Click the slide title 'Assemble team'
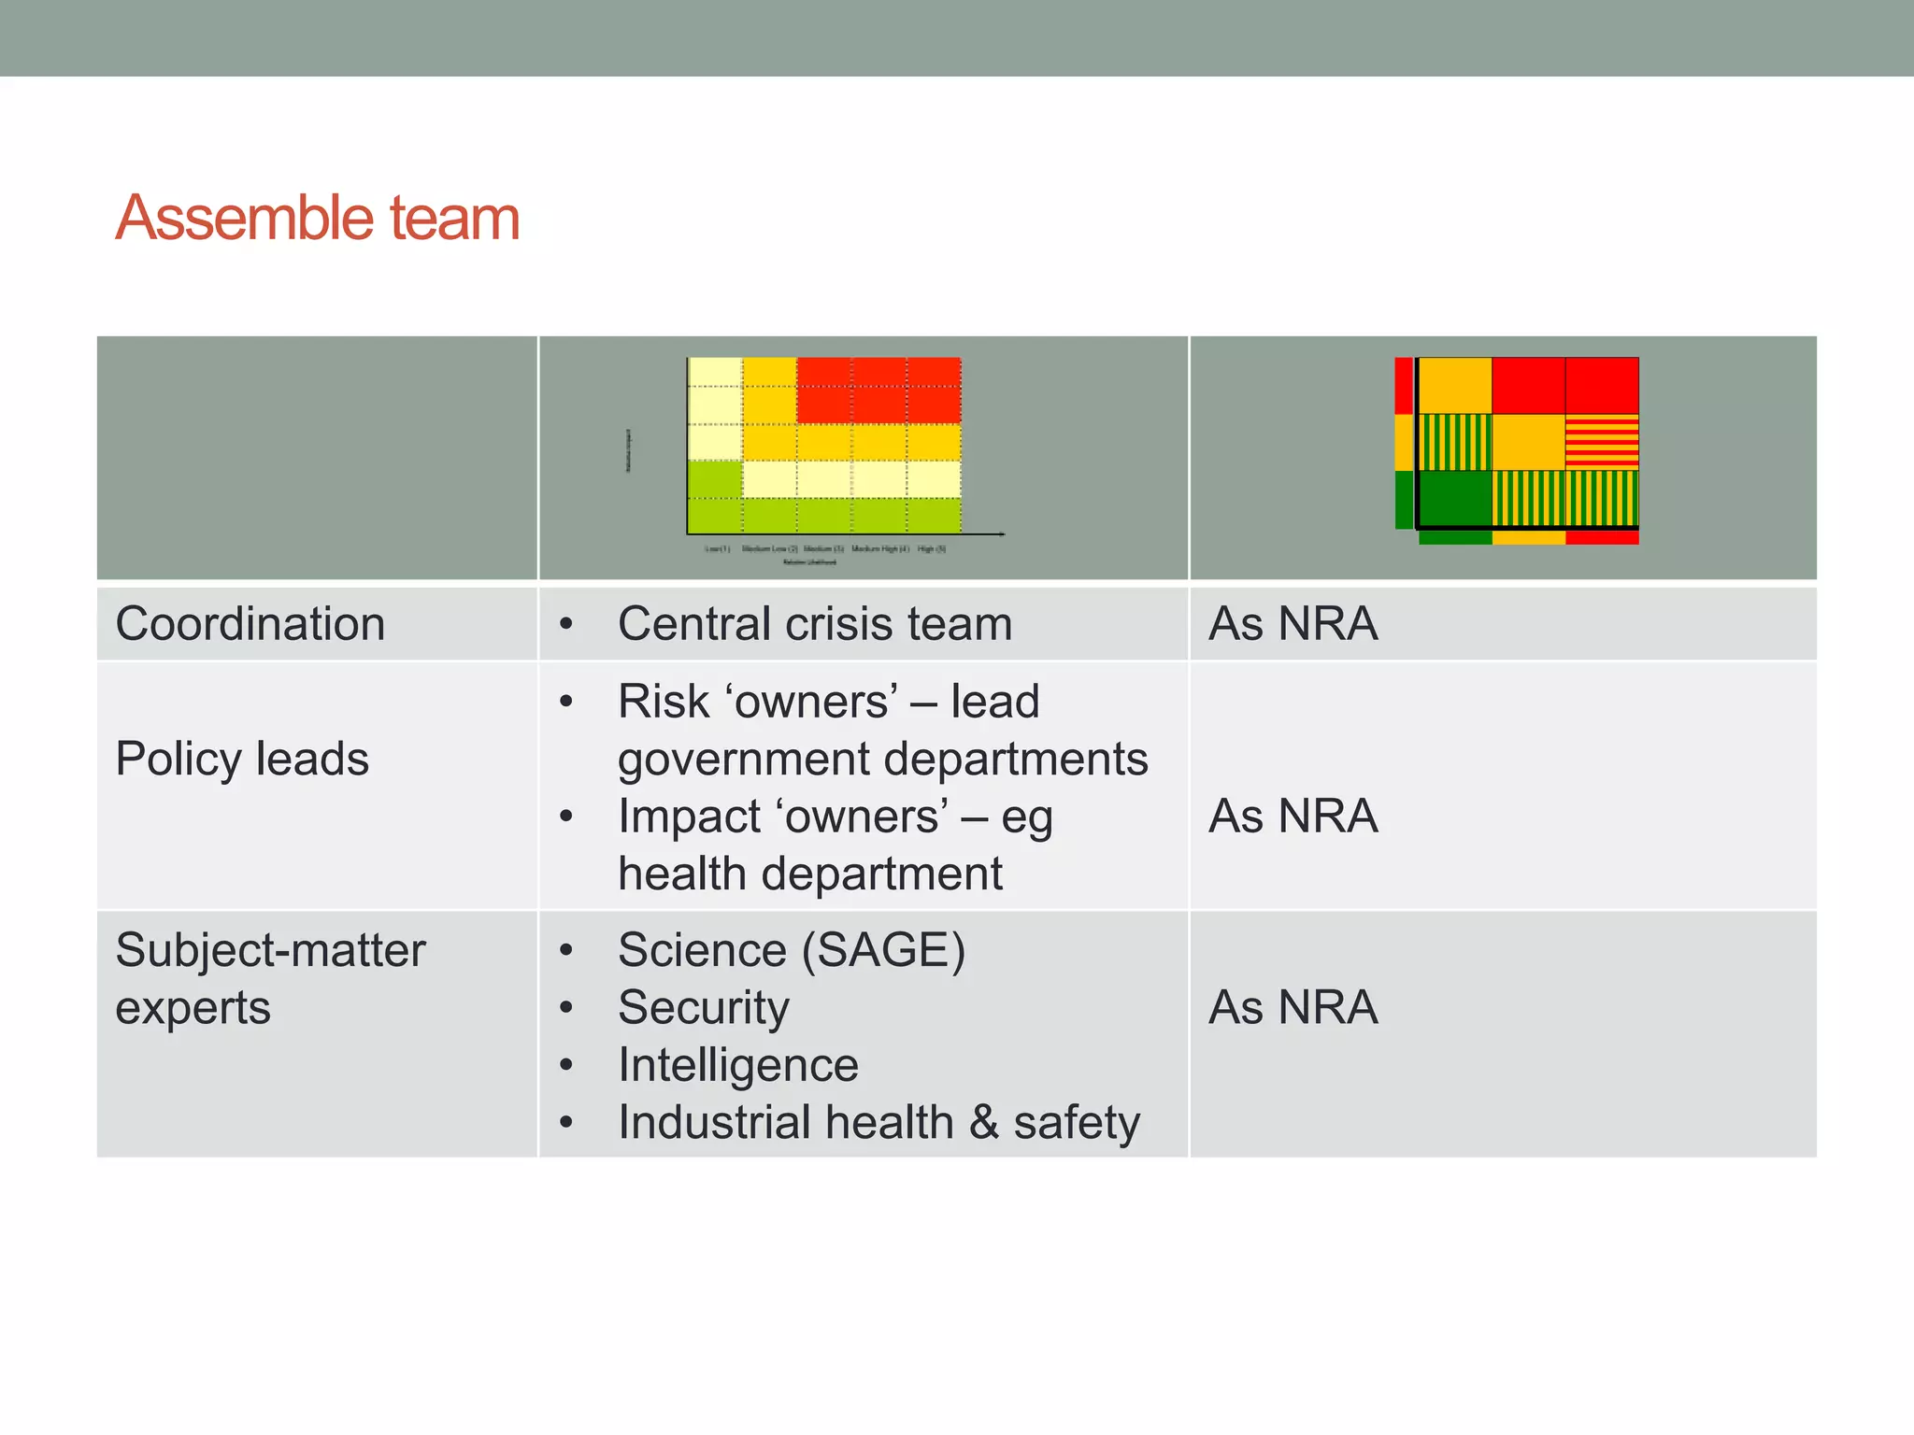coord(317,218)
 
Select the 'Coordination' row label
coord(250,623)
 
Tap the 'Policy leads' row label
coord(242,758)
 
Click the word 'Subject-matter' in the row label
coord(270,950)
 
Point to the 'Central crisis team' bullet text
coord(814,623)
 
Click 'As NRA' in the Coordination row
coord(1293,623)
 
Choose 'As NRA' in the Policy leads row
coord(1293,816)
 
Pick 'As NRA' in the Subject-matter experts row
coord(1293,1007)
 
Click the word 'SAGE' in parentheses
coord(883,950)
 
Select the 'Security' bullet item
coord(703,1007)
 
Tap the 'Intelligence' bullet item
coord(737,1065)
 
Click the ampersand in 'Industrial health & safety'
coord(983,1122)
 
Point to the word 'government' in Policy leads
coord(742,759)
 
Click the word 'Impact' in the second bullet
coord(689,817)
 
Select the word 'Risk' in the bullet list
coord(663,701)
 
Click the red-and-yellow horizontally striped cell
coord(1602,443)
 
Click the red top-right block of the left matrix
coord(878,390)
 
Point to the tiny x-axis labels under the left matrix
coord(825,549)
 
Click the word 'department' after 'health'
coord(881,874)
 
